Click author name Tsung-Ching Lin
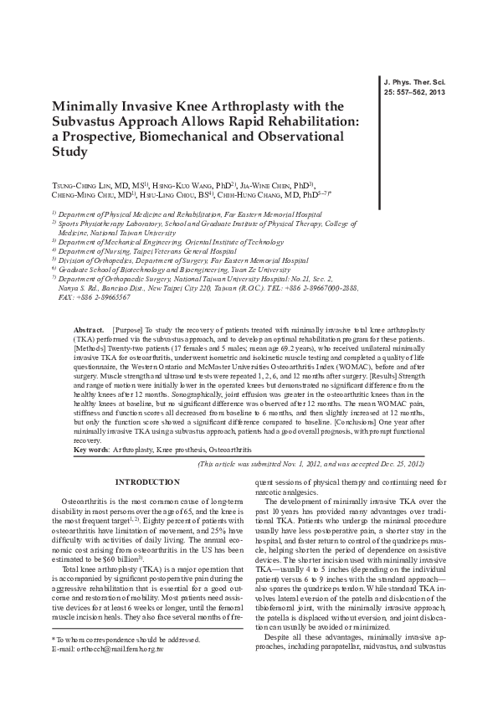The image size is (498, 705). point(87,183)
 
